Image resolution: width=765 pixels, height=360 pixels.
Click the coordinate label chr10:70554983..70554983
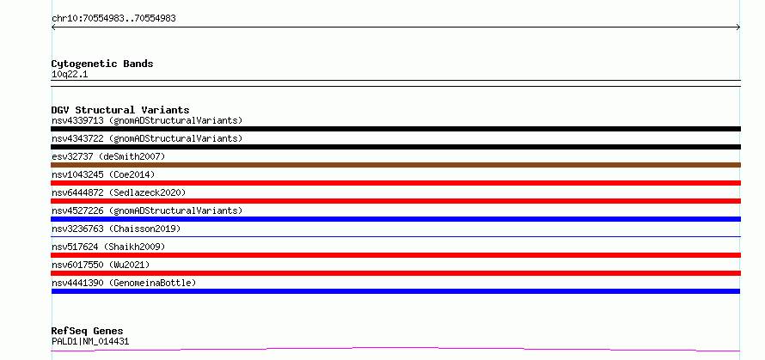[x=113, y=19]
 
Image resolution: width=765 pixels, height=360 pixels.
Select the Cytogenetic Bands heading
[x=102, y=64]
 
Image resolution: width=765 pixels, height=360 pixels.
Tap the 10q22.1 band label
[x=70, y=75]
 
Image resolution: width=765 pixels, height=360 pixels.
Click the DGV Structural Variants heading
[x=120, y=110]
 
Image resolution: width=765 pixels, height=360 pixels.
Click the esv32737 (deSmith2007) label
[x=108, y=156]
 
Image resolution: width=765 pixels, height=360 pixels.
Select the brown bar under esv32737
[x=395, y=165]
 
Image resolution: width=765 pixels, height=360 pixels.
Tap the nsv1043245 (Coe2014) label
[x=103, y=174]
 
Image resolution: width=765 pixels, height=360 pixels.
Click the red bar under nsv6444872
[x=395, y=201]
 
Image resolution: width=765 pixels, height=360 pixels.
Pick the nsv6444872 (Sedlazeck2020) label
[x=119, y=192]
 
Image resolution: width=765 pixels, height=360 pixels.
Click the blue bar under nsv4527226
[x=395, y=219]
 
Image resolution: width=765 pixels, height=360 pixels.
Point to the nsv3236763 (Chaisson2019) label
[x=116, y=229]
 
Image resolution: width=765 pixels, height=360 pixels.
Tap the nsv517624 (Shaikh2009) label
[x=108, y=247]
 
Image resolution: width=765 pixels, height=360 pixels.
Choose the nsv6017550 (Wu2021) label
[x=101, y=265]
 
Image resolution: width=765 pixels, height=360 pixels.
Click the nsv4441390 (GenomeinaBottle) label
[x=124, y=283]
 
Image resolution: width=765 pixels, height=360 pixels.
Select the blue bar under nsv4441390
[x=395, y=291]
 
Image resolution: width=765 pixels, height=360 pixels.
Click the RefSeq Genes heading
[x=88, y=331]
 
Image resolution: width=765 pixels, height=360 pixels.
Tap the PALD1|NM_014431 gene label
[x=90, y=341]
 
